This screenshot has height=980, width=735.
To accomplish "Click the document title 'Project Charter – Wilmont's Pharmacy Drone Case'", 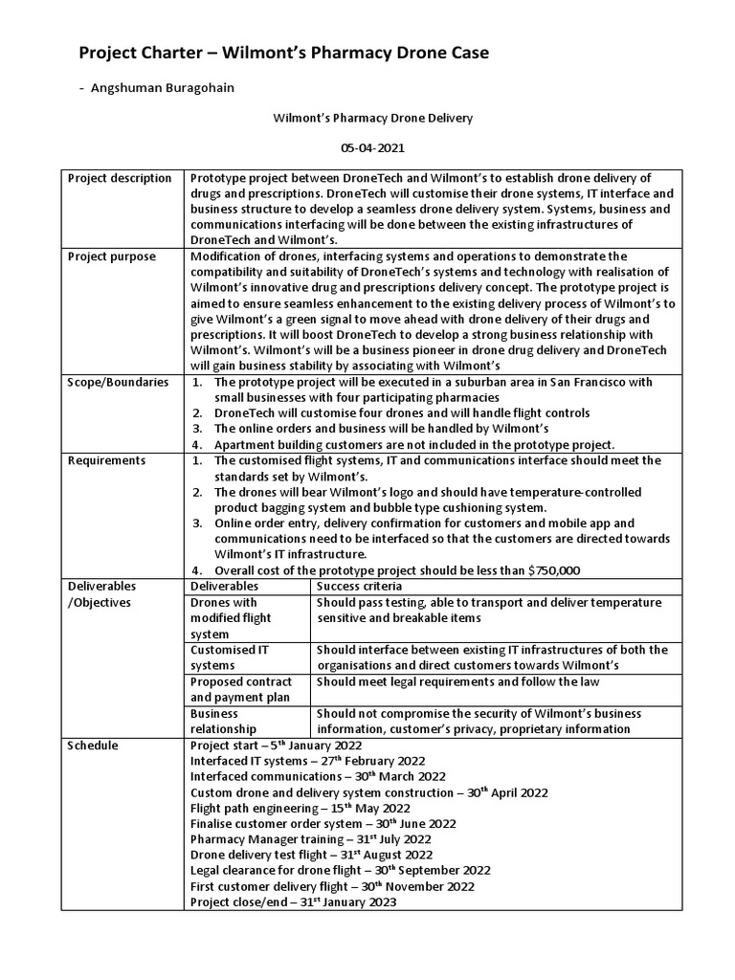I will click(x=282, y=54).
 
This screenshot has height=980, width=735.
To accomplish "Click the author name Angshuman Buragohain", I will click(x=162, y=88).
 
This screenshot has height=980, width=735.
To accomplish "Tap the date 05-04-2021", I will click(x=367, y=150).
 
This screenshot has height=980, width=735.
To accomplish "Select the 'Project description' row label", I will click(x=120, y=178).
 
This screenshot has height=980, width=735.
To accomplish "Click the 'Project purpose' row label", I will click(x=110, y=256).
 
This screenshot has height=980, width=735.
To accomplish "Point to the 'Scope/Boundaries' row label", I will click(x=118, y=382).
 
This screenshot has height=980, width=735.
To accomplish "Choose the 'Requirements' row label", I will click(x=106, y=460).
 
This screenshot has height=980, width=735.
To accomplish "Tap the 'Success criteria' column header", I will click(x=359, y=586).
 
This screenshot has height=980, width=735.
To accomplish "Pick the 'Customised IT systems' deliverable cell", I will click(x=230, y=657).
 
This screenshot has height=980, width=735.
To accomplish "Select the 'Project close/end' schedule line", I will click(x=293, y=902).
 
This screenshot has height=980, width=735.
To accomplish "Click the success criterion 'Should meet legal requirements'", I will click(x=412, y=681).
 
